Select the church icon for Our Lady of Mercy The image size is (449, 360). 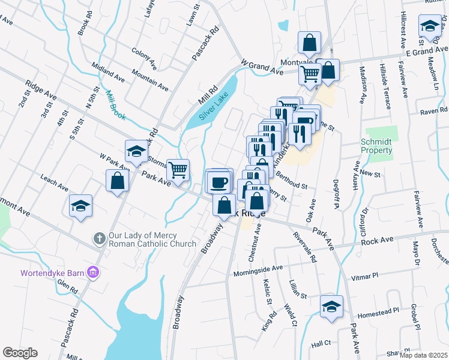(x=100, y=239)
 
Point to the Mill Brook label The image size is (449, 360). (x=115, y=104)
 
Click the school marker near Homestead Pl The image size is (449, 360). (x=331, y=306)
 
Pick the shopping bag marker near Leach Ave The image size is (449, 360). (x=117, y=181)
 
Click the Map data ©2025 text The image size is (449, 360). (x=423, y=355)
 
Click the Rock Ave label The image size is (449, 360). (x=378, y=241)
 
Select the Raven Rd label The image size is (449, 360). (x=434, y=111)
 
